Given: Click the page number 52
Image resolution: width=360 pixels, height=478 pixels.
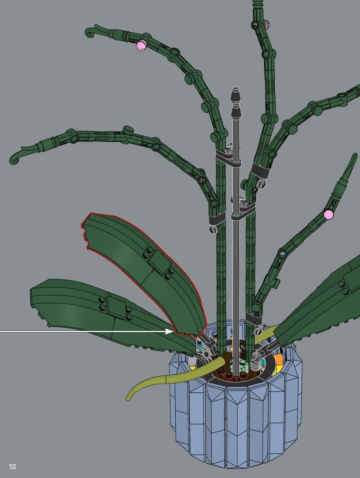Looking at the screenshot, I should tap(13, 467).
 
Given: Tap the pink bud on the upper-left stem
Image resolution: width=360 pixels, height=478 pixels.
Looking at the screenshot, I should tap(141, 46).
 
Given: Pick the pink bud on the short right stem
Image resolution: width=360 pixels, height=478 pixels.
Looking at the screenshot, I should tap(328, 214).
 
